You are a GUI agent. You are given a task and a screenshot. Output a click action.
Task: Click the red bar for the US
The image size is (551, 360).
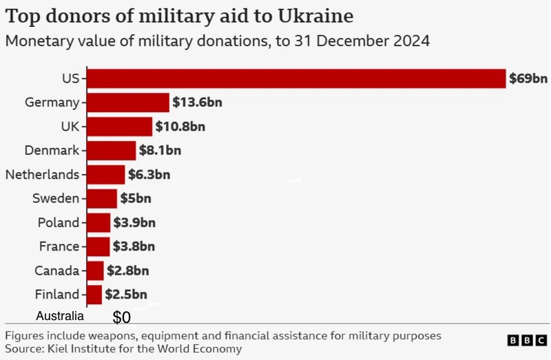296,78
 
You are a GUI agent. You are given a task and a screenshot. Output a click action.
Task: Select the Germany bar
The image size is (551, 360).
128,103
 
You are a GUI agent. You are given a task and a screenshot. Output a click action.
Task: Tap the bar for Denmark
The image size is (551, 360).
112,150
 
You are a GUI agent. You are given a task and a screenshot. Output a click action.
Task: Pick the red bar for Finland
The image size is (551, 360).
94,295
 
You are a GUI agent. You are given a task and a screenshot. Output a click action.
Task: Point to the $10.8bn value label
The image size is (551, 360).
180,127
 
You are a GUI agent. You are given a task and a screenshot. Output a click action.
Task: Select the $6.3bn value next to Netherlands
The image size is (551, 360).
149,174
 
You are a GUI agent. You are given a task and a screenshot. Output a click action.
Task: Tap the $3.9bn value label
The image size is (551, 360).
134,223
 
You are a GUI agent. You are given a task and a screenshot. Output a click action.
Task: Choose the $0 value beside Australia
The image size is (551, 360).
121,318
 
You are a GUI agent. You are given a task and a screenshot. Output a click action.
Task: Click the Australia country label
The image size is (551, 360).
60,317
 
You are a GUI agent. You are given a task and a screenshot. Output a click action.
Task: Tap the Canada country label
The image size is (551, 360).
56,271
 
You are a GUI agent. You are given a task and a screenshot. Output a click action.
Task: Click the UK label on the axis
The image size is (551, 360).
70,127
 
